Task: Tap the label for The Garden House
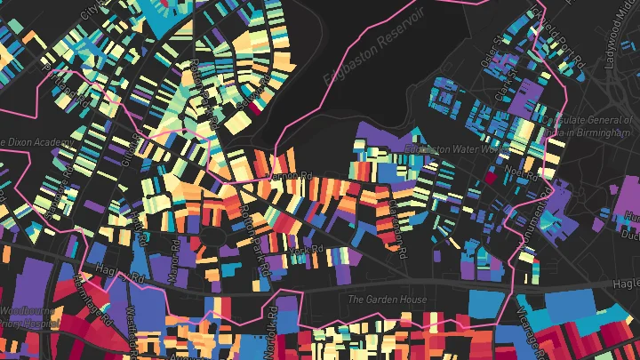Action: [387, 300]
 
